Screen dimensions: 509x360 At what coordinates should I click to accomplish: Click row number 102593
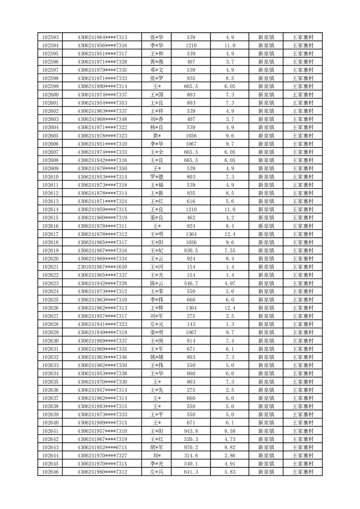[50, 37]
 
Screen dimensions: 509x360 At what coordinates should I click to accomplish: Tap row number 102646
[50, 472]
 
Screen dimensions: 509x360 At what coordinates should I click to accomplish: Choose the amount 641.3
[191, 472]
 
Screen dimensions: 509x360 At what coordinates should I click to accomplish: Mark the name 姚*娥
[157, 357]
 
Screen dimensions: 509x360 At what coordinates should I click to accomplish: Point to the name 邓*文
[157, 70]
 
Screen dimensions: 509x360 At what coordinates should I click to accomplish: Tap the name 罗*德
[157, 177]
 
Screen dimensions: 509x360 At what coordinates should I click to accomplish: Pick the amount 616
[191, 201]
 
